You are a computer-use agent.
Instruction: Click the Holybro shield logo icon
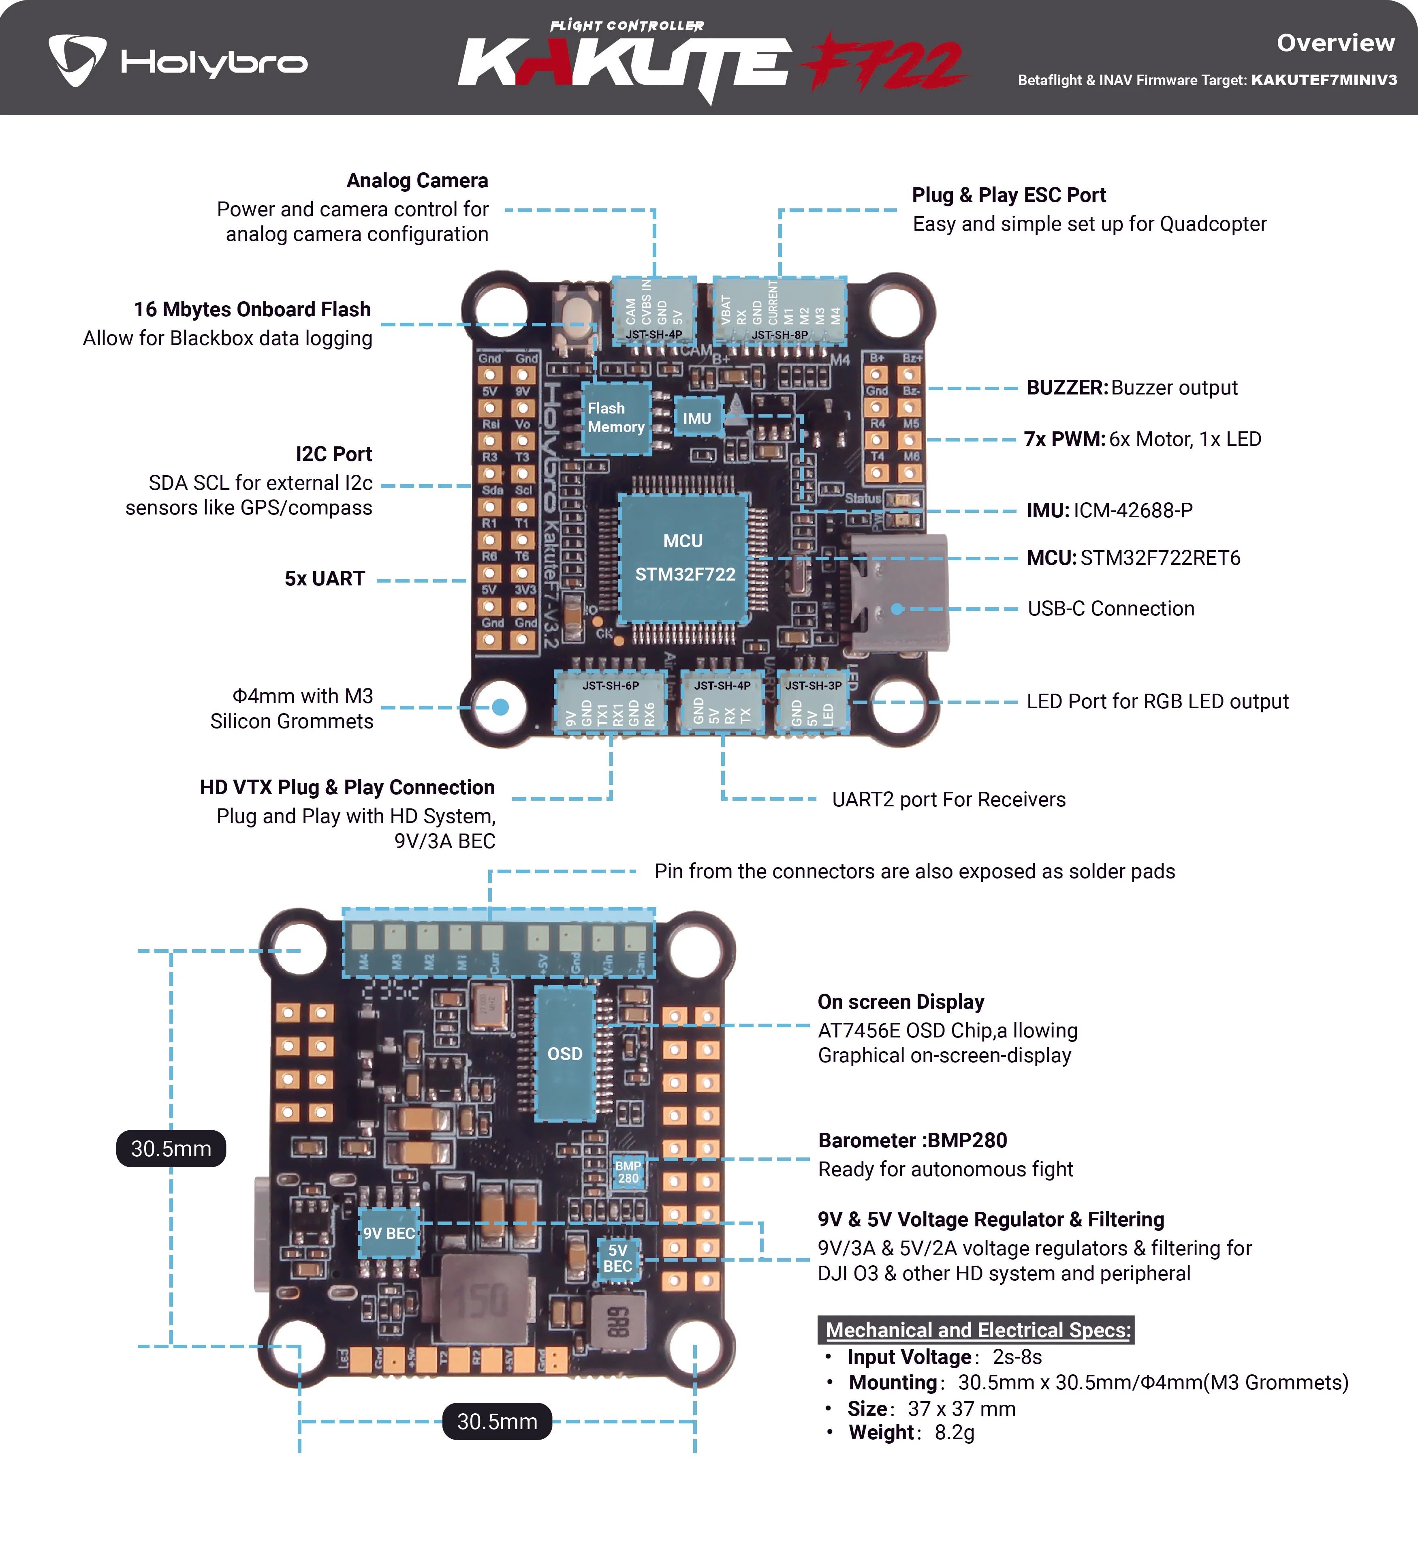77,60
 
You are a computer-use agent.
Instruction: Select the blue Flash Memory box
616,418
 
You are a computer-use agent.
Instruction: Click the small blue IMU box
698,418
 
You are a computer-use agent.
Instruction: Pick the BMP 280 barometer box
628,1172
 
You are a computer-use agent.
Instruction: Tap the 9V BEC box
389,1233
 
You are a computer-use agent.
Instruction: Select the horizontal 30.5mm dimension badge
497,1422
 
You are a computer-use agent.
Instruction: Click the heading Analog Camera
416,180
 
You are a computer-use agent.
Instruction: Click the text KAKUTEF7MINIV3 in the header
1324,80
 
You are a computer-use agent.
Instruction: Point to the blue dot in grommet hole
500,706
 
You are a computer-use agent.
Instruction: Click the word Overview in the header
1335,43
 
